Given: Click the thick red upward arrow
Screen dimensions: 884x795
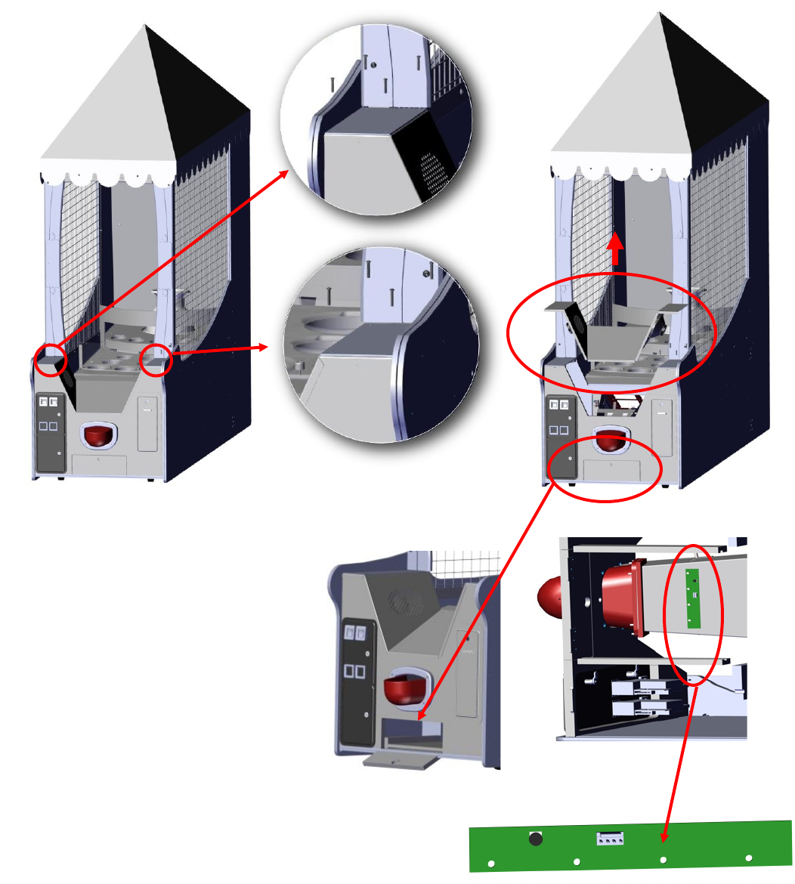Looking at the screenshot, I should click(x=616, y=249).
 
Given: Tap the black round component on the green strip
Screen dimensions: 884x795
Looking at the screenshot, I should click(x=536, y=838).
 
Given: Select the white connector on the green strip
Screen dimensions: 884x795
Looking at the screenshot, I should click(x=610, y=838).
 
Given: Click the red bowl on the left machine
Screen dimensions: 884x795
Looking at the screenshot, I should click(x=97, y=436).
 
